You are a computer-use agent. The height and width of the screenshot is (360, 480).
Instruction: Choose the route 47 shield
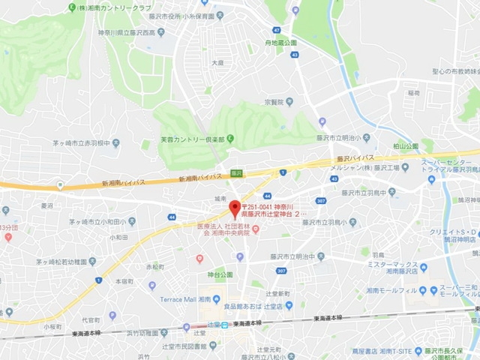[277, 30]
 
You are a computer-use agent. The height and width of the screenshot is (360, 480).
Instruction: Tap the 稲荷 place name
[413, 92]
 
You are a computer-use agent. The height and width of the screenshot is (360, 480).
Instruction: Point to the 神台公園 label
[220, 274]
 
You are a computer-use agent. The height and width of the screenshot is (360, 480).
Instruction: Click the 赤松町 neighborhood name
[155, 265]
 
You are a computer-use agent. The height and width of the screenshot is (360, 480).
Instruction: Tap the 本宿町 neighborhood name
[124, 281]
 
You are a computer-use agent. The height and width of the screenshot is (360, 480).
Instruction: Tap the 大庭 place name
[217, 62]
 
